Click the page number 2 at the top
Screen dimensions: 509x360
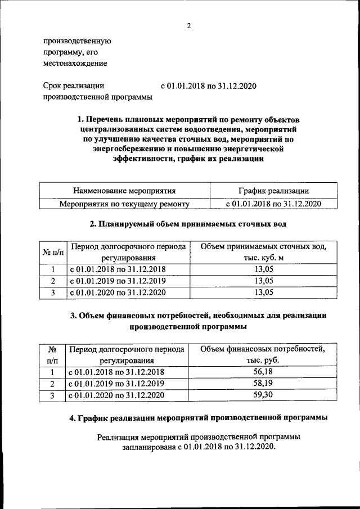[189, 26]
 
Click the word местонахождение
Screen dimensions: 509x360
[75, 64]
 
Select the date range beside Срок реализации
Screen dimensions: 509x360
[209, 86]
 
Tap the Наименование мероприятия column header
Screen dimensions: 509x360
[124, 191]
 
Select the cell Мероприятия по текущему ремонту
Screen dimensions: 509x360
[124, 204]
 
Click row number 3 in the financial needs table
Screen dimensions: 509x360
[52, 395]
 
